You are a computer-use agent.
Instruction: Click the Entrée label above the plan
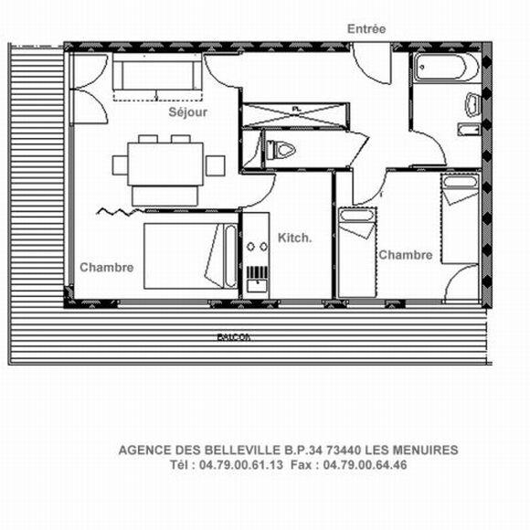pos(366,29)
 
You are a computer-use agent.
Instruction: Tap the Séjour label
pos(187,112)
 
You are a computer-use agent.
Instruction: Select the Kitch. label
pos(295,238)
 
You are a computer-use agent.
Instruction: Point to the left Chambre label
pos(107,268)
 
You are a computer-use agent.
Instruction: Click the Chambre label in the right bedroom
pos(405,255)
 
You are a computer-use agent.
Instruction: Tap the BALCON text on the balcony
pos(234,337)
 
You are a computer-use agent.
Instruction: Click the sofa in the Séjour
pos(156,75)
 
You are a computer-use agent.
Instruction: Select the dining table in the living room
pos(164,165)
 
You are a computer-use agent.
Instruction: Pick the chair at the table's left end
pos(120,165)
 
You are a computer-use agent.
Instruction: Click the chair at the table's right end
pos(216,165)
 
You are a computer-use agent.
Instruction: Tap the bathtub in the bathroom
pos(444,69)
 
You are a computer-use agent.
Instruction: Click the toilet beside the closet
pos(280,149)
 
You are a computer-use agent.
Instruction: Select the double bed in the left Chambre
pos(191,256)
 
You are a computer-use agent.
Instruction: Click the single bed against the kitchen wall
pos(355,252)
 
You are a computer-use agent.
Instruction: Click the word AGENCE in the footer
pos(143,450)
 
